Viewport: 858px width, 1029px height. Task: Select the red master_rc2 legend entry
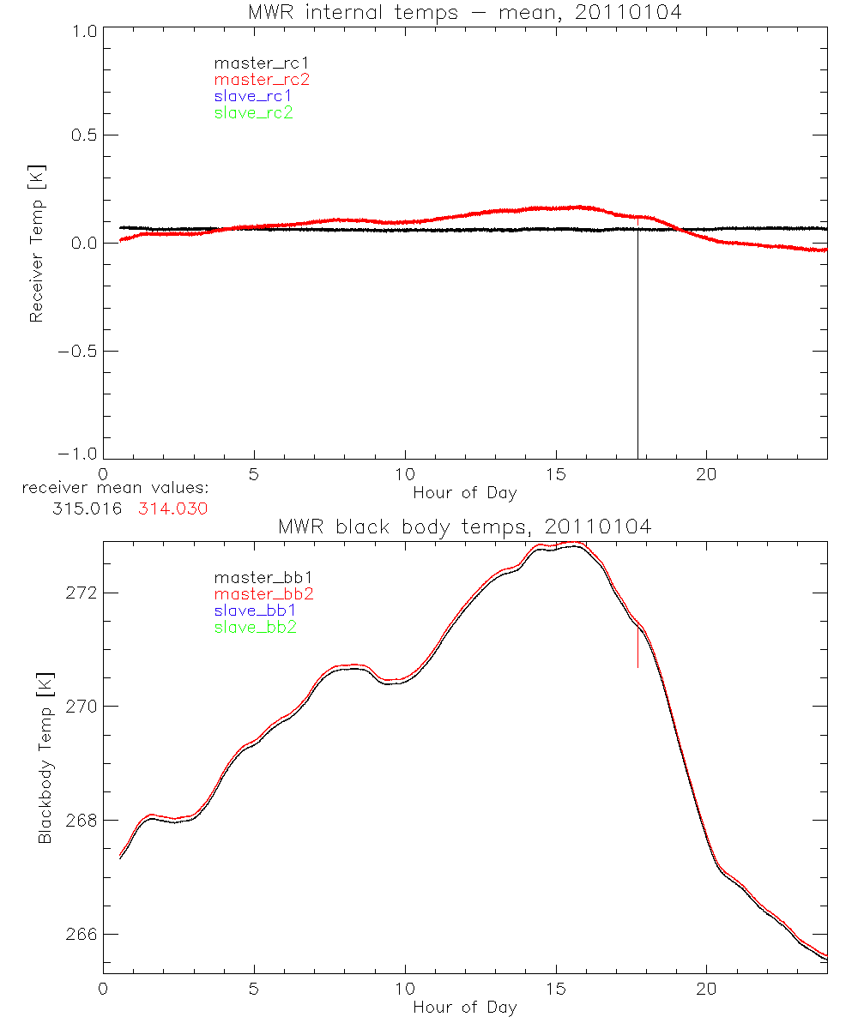click(262, 80)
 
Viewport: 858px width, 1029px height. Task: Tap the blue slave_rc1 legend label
click(253, 96)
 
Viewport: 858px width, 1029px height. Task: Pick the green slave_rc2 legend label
click(253, 112)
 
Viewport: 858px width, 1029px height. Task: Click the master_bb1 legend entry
click(255, 578)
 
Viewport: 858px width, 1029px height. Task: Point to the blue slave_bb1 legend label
click(255, 611)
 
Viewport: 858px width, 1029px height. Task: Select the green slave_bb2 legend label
click(257, 627)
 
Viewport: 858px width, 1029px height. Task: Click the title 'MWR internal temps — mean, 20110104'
click(466, 12)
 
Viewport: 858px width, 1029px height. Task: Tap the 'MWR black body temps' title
click(465, 527)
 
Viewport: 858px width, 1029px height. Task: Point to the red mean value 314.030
click(173, 508)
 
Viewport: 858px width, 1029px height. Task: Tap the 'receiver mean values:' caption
click(115, 489)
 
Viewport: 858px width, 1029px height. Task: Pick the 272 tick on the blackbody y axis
click(82, 593)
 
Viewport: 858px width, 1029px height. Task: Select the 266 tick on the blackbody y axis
click(82, 934)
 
